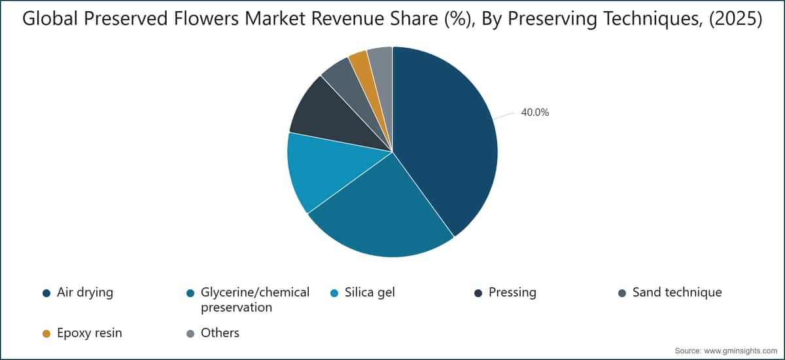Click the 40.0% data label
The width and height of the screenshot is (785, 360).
click(x=535, y=113)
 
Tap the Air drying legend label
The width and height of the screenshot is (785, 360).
click(x=85, y=293)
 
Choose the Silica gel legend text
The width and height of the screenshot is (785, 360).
click(x=370, y=293)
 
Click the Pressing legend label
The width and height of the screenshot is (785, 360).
click(x=512, y=293)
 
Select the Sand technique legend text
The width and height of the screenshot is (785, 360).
click(x=677, y=293)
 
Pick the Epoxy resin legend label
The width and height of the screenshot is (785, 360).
click(x=90, y=333)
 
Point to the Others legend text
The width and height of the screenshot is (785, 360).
click(x=220, y=333)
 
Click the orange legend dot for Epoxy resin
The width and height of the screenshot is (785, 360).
click(x=46, y=334)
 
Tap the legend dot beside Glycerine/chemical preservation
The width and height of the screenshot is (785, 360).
click(x=190, y=293)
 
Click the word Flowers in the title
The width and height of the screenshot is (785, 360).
click(x=207, y=18)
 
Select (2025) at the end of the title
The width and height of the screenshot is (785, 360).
click(x=735, y=19)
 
